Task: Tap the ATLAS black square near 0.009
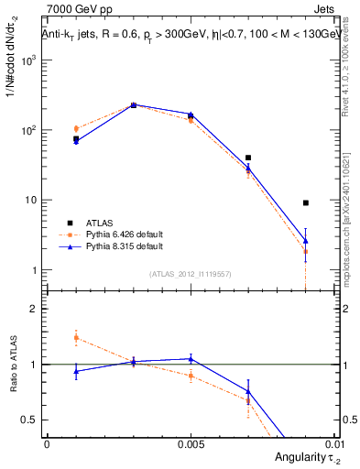[306, 202]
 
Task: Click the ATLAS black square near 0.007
[248, 158]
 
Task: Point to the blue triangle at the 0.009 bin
[306, 241]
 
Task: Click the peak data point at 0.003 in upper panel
[134, 105]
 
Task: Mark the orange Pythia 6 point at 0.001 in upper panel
[76, 129]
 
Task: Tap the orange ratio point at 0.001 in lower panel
[76, 338]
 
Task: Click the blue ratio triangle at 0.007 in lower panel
[248, 391]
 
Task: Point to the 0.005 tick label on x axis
[190, 442]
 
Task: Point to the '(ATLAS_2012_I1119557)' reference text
[190, 273]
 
